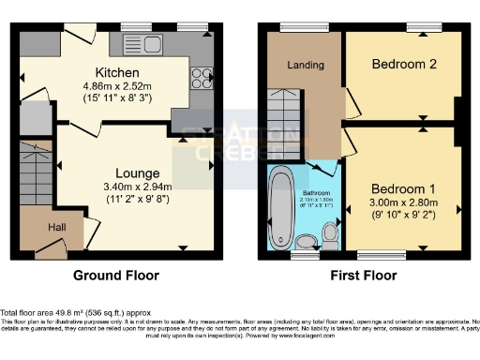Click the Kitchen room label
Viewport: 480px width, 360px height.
click(116, 72)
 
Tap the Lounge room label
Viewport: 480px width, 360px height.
click(137, 173)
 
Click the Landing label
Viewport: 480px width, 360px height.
click(306, 65)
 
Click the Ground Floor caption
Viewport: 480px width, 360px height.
click(116, 276)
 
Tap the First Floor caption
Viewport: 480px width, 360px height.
click(363, 276)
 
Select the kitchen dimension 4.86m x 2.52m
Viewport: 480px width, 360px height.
click(116, 86)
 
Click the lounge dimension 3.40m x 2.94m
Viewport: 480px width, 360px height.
click(137, 187)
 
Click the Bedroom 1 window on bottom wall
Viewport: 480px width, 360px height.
click(380, 253)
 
